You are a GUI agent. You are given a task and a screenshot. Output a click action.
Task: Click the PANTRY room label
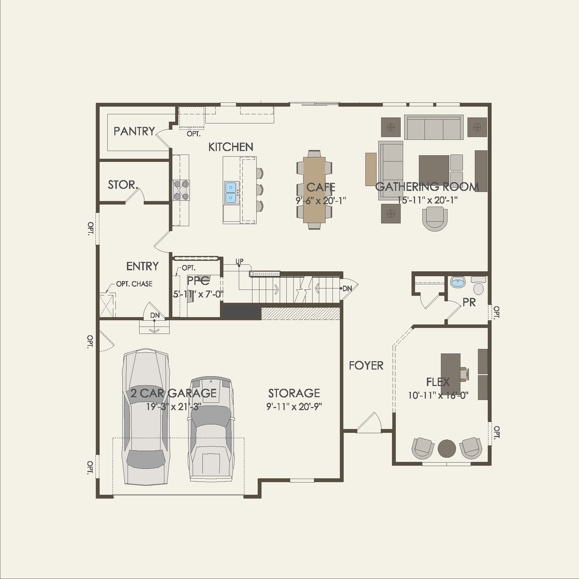(134, 131)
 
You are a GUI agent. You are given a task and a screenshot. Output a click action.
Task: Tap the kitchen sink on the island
(231, 193)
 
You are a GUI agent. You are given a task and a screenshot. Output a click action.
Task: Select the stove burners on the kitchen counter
(181, 190)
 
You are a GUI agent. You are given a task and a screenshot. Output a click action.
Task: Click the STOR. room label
(122, 185)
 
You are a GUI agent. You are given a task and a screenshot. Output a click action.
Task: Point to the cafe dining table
(314, 190)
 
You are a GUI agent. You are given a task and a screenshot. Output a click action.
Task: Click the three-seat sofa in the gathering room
(434, 128)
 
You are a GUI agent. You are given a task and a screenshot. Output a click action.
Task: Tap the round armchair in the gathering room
(435, 218)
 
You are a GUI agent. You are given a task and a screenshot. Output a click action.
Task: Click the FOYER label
(366, 366)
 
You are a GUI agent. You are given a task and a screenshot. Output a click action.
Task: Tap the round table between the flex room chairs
(447, 449)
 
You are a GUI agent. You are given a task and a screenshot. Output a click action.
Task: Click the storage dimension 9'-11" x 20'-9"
(294, 407)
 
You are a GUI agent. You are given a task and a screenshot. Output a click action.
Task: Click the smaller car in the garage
(210, 430)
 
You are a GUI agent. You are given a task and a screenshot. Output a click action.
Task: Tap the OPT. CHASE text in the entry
(134, 284)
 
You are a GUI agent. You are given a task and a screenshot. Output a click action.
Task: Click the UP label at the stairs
(240, 261)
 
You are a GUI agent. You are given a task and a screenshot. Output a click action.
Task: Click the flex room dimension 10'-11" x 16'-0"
(438, 395)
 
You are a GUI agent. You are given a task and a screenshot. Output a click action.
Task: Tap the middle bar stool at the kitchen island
(259, 190)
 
